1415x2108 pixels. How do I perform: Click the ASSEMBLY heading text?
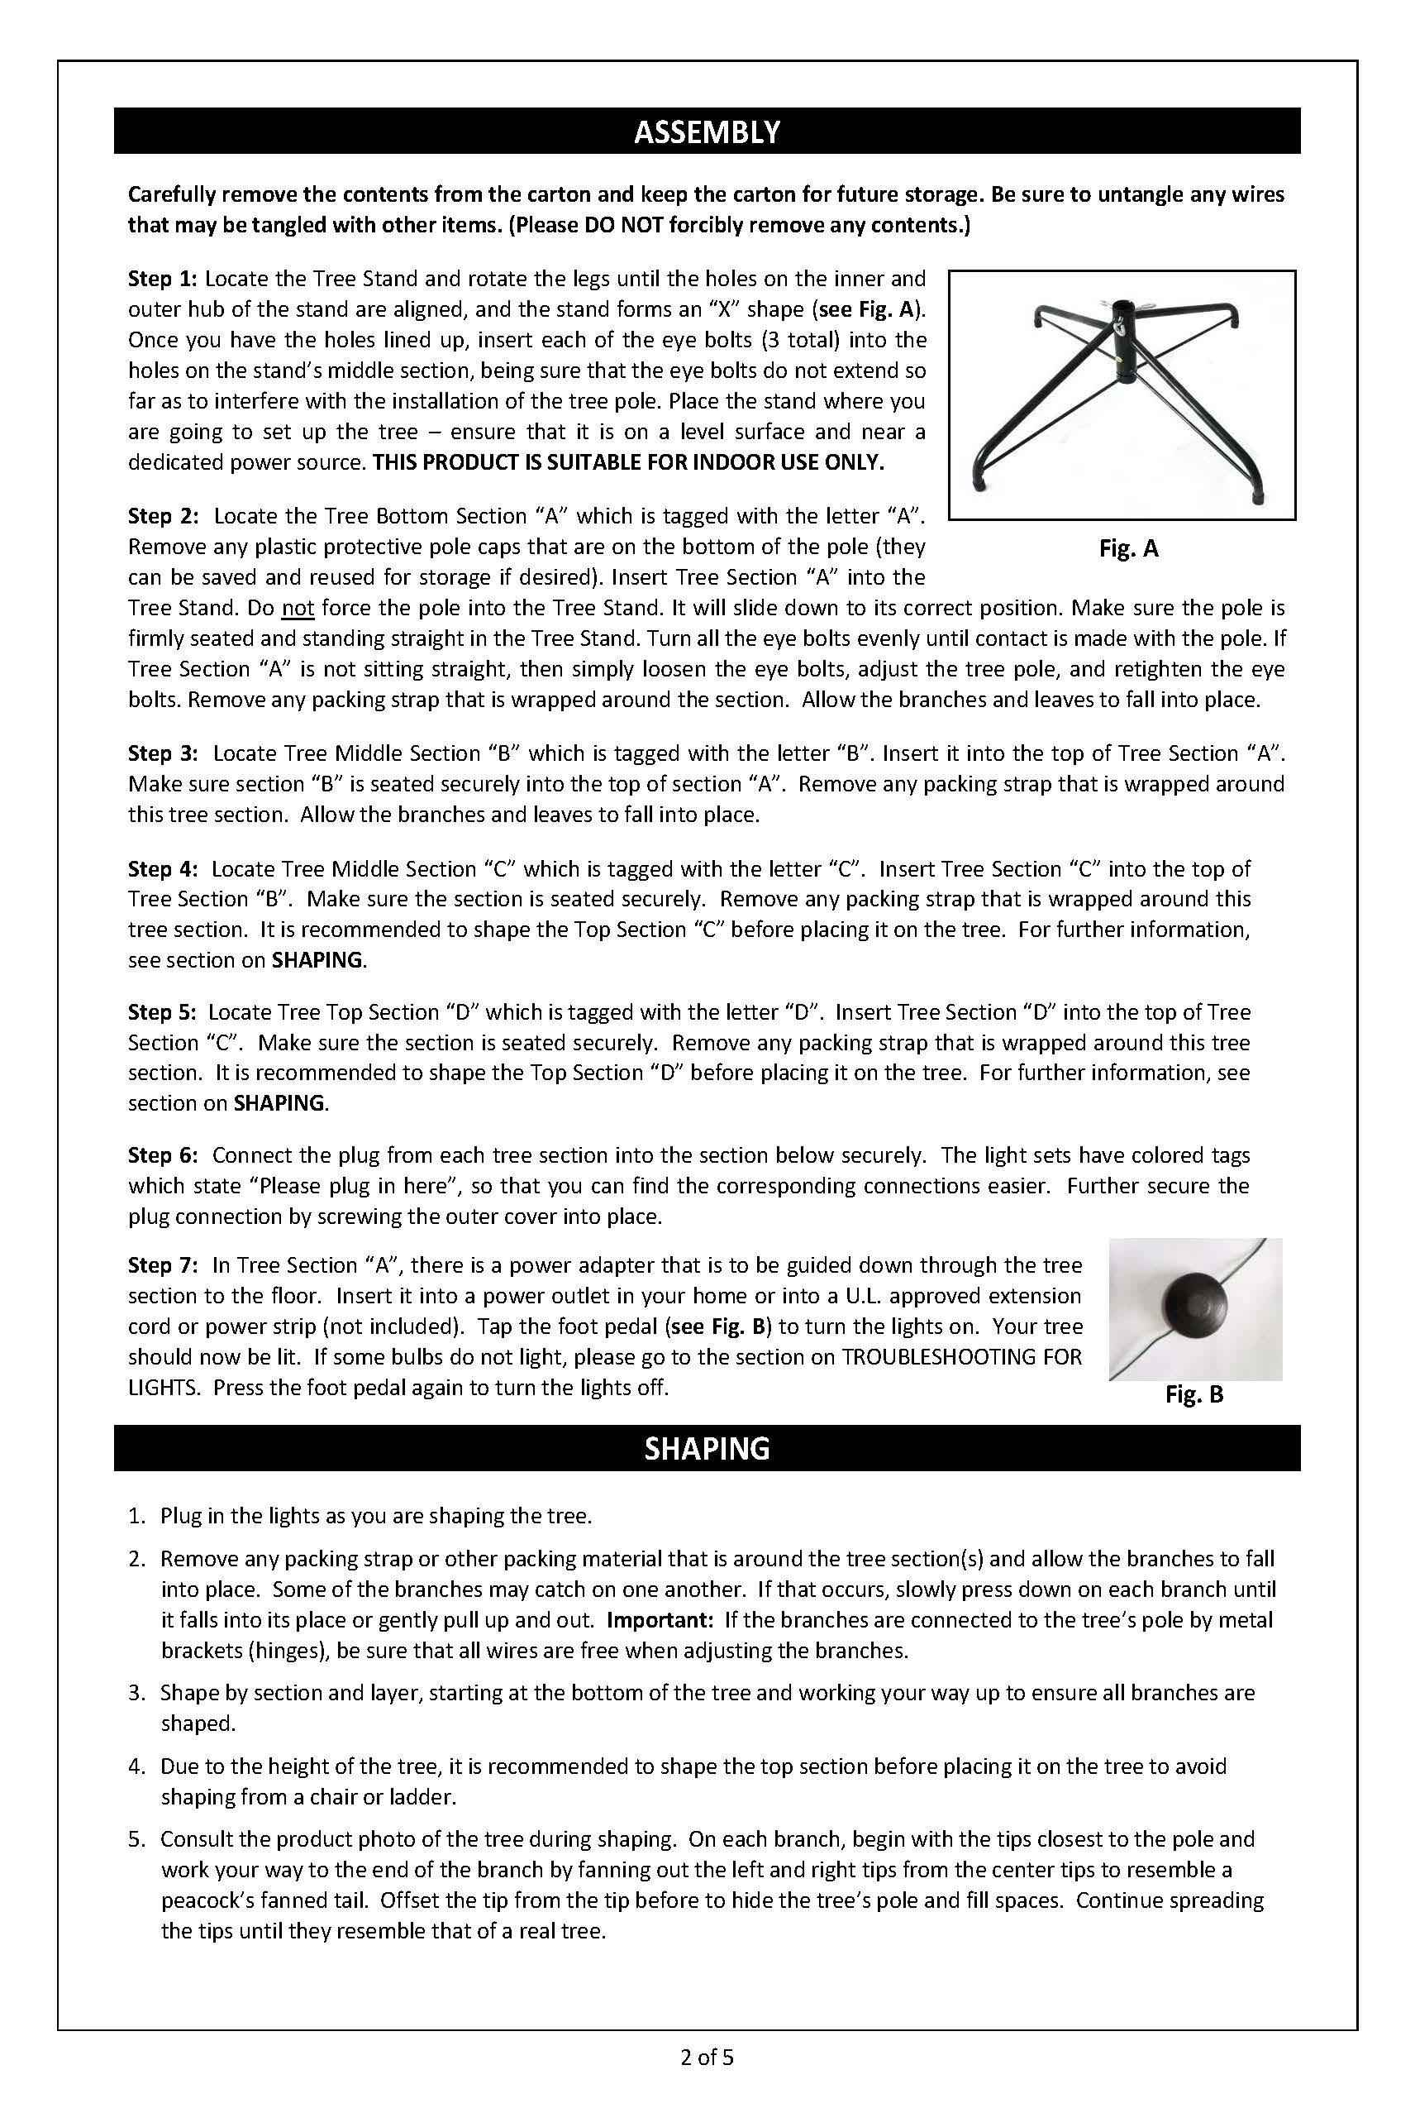(x=707, y=131)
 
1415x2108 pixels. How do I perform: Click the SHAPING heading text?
(x=707, y=1448)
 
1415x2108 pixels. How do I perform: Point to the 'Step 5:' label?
(x=163, y=1012)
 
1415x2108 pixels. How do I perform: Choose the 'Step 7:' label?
(x=163, y=1265)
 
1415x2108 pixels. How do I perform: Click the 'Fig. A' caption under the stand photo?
(x=1128, y=549)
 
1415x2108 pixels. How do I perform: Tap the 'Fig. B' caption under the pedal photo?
(x=1193, y=1395)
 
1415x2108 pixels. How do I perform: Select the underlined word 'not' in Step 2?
(x=298, y=609)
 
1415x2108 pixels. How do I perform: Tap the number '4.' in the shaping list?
(x=136, y=1766)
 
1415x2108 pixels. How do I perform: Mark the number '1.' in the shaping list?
(x=136, y=1516)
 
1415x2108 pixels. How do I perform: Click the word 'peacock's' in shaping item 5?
(x=206, y=1900)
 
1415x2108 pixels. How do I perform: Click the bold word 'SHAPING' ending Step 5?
(x=279, y=1103)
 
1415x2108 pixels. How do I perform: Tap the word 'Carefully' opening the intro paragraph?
(x=171, y=195)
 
